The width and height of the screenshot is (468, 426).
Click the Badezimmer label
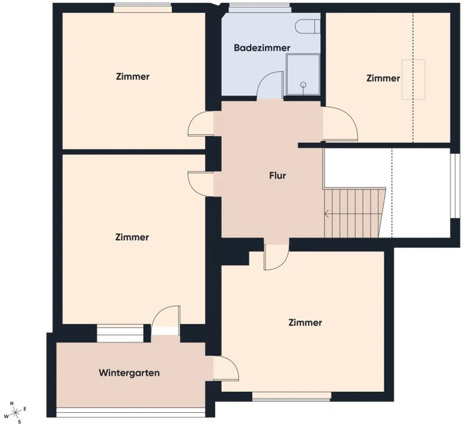pos(262,48)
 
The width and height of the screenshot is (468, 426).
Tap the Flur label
pos(277,175)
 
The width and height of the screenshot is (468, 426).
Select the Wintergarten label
pos(129,373)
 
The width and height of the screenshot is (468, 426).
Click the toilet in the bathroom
pos(307,26)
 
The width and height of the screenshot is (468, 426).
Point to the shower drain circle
pos(303,85)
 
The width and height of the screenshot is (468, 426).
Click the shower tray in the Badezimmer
pos(303,75)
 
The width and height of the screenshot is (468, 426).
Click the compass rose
pos(15,413)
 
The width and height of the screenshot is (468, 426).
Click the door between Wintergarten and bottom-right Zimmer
pos(226,368)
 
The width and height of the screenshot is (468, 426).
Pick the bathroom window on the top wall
pos(259,8)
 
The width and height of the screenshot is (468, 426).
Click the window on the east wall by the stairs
pos(455,186)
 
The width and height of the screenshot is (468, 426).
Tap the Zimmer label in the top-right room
pos(383,78)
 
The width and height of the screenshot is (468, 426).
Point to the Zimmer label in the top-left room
pos(133,76)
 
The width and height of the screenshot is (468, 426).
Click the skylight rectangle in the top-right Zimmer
pos(413,79)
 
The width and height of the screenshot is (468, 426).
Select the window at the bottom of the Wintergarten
pos(131,413)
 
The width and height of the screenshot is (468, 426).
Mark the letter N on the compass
pos(12,403)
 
